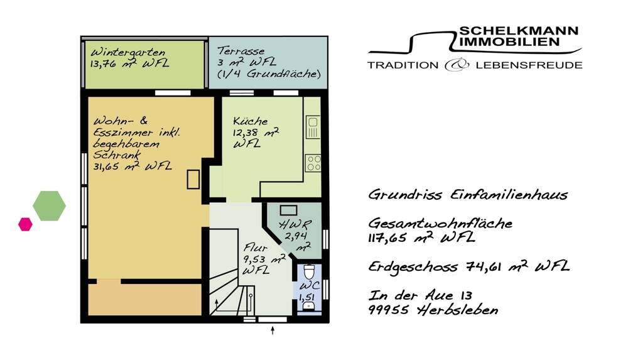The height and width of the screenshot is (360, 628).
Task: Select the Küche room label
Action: point(250,121)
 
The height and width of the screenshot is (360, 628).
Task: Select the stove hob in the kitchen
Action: point(313,163)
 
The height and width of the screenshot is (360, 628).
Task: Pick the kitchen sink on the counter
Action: point(313,127)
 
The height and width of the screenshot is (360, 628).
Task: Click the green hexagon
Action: point(49,205)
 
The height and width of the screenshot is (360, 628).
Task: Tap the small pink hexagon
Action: point(25,224)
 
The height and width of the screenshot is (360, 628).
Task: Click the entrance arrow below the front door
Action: point(273,330)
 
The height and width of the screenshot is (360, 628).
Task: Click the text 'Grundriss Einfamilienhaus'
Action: point(468,195)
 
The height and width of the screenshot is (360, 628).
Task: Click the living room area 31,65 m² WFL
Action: point(133,166)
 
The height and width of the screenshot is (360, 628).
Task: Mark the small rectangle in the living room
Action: point(193,179)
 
